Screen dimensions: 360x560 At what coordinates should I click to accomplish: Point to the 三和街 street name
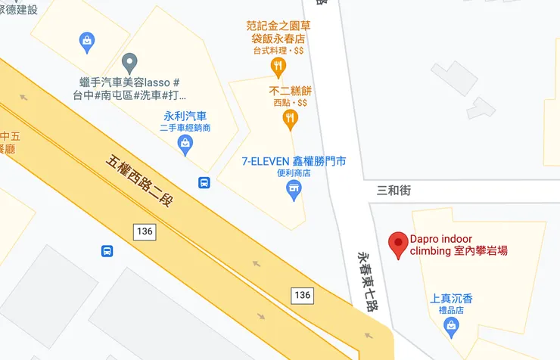point(394,191)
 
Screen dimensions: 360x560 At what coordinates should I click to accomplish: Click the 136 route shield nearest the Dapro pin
point(302,294)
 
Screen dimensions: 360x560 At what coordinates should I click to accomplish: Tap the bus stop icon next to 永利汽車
point(204,182)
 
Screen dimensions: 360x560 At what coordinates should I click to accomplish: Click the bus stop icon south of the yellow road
point(107,250)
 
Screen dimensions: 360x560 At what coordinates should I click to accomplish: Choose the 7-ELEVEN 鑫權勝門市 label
point(294,161)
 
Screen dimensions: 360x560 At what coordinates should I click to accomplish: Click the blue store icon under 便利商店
point(294,193)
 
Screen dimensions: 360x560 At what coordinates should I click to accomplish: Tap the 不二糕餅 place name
point(291,90)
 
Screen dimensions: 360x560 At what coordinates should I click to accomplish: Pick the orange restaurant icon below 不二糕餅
point(290,118)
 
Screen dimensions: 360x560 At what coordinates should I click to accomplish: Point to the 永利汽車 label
point(185,116)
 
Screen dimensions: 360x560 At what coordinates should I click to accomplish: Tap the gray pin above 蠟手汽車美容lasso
point(129,61)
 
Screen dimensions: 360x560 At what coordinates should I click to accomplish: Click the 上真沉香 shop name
point(451,299)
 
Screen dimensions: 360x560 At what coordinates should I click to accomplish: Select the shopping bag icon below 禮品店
point(452,327)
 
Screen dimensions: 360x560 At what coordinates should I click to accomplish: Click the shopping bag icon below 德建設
point(87,39)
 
